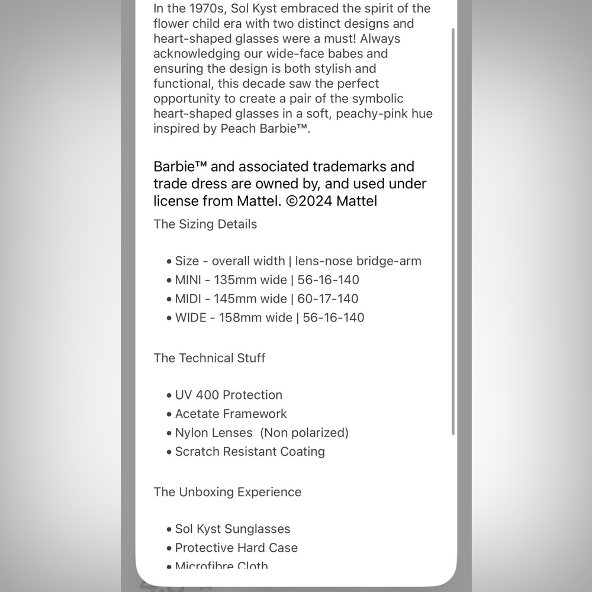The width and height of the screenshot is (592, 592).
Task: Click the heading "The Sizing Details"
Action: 205,224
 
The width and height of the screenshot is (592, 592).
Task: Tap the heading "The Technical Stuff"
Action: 209,358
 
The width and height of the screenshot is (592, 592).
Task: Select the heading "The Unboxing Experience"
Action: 227,492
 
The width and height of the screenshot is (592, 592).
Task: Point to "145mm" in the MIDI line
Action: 234,299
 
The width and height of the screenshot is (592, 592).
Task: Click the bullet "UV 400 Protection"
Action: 229,395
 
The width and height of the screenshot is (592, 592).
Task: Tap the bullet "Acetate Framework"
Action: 231,414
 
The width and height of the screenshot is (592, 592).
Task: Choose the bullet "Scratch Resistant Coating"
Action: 250,452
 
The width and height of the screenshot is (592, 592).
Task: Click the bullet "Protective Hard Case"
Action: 236,548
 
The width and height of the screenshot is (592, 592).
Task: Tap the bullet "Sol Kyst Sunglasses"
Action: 233,529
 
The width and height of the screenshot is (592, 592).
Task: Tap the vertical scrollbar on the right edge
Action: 453,231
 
